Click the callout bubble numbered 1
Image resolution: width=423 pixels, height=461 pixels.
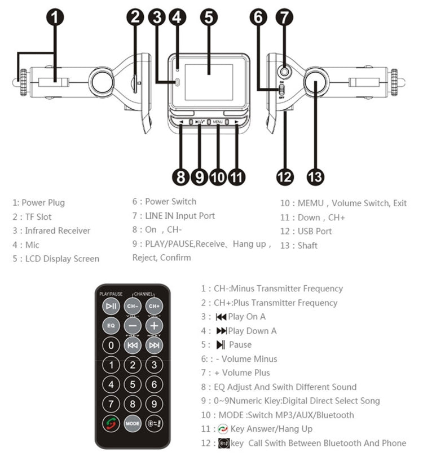[x=55, y=18]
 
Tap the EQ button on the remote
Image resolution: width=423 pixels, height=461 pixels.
[x=111, y=326]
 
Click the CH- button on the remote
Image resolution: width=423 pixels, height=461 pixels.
[x=133, y=306]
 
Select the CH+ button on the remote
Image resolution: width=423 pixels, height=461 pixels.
[x=154, y=306]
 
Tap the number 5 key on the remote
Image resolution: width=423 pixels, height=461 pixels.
[x=133, y=384]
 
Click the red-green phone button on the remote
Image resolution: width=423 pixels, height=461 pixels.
[x=111, y=423]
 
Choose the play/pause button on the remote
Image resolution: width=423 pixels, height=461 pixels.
[x=111, y=306]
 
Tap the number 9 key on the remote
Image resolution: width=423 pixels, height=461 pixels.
[x=154, y=404]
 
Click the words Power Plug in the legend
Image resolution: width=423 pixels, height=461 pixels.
[x=43, y=202]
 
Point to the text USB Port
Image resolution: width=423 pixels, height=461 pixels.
[x=315, y=231]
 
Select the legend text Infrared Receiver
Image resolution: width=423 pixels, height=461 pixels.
[x=58, y=230]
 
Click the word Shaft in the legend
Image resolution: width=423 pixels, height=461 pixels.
[x=307, y=245]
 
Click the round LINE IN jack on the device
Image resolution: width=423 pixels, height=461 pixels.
[x=286, y=72]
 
